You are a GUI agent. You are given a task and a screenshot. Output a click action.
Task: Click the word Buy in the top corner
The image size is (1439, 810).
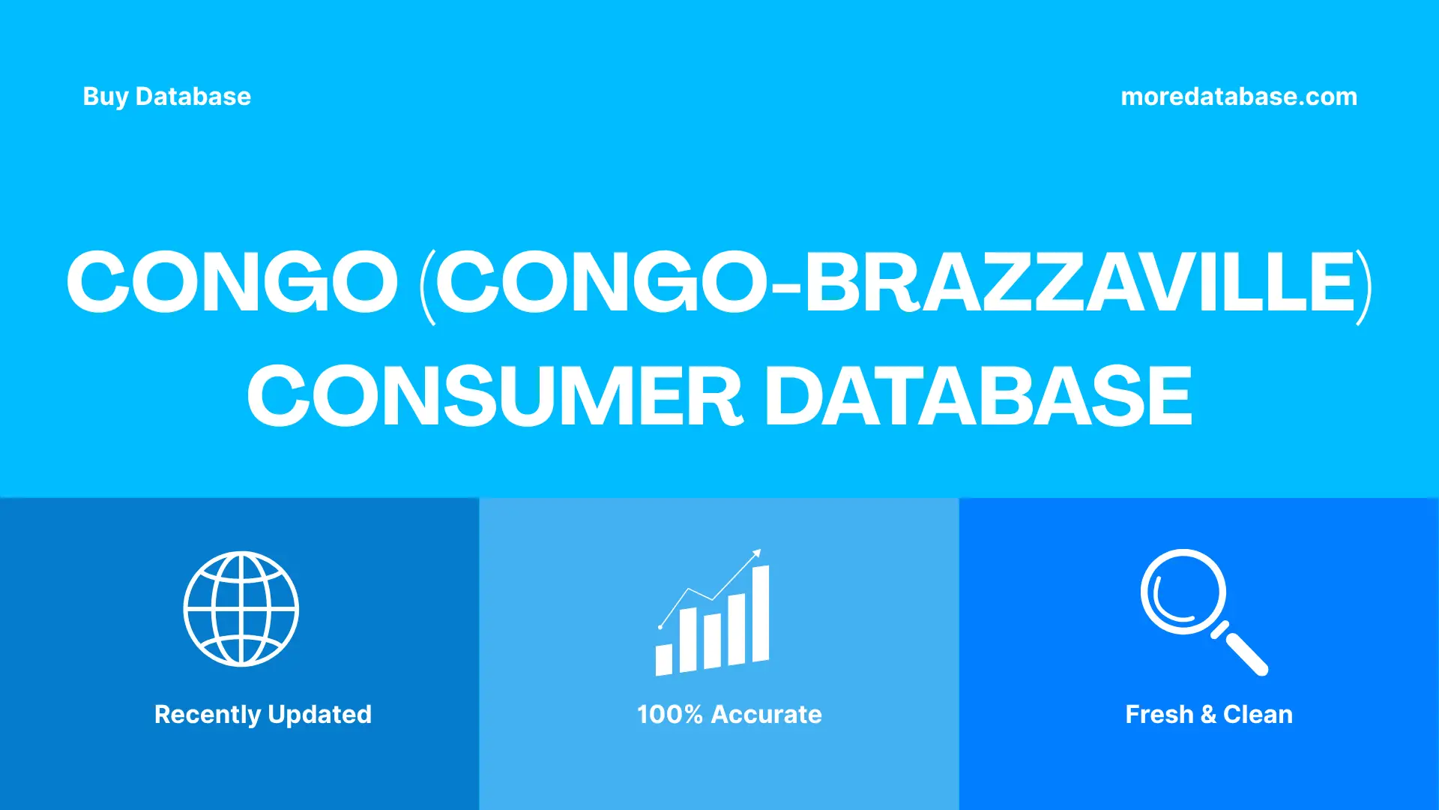click(105, 97)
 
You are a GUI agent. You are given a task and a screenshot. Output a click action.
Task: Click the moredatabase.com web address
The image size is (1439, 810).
click(1238, 97)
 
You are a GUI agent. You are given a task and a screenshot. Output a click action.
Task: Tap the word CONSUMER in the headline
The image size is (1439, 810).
click(495, 396)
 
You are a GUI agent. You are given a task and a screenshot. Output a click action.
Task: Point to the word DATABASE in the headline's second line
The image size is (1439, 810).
click(977, 396)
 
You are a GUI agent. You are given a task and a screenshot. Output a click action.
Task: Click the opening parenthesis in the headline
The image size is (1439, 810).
click(427, 285)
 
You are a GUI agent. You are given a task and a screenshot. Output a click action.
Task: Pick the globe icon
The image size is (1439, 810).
click(241, 608)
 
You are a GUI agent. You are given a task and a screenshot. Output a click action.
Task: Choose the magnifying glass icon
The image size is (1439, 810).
click(1199, 607)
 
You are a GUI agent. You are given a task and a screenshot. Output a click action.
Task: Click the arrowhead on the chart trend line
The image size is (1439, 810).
click(757, 553)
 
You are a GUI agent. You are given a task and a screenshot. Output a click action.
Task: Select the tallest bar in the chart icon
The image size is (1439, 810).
click(760, 613)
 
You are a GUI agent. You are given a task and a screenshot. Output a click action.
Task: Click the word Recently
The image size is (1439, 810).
click(208, 715)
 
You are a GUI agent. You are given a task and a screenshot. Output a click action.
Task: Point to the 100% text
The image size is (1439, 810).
click(669, 715)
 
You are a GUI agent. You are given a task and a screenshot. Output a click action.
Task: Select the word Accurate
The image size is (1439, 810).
click(766, 715)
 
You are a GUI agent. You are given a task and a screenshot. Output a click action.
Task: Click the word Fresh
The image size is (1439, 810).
click(1159, 715)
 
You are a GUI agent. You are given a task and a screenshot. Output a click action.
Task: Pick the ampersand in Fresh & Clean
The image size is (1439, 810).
click(1208, 715)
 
